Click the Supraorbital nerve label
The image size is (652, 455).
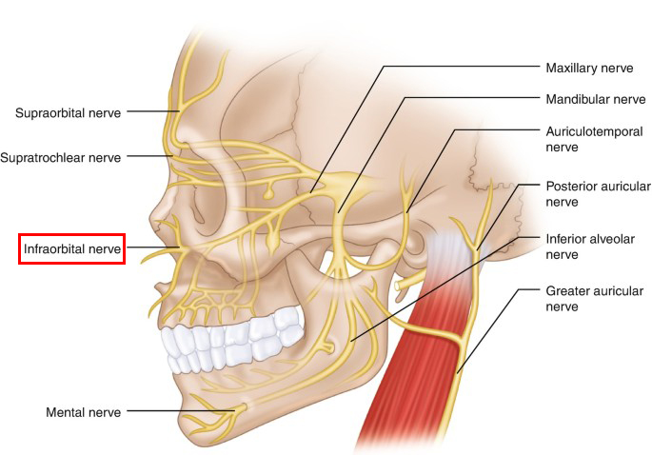point(68,112)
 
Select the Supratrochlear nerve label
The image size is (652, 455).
point(61,158)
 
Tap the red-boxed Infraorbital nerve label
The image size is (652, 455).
point(72,248)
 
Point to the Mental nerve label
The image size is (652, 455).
point(83,412)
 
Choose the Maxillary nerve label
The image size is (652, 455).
point(589,68)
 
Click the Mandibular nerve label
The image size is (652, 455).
point(596,99)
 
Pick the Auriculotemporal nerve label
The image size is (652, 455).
point(594,139)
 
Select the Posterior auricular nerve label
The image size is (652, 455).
point(598,194)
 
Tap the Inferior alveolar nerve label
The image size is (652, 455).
point(590,247)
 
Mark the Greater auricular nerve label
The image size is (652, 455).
point(595,299)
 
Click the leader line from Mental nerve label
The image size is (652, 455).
point(181,411)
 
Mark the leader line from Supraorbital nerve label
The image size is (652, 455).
point(153,111)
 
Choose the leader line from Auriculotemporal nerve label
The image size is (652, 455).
point(454,130)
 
